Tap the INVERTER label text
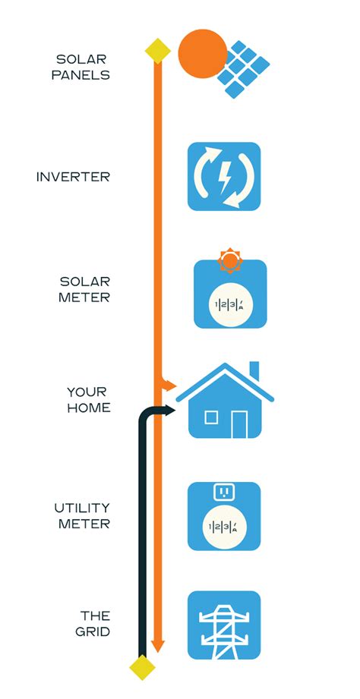pyautogui.click(x=73, y=177)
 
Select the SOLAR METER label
pyautogui.click(x=84, y=289)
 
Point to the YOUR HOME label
pyautogui.click(x=89, y=400)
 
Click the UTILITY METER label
pyautogui.click(x=82, y=515)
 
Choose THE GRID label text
pyautogui.click(x=96, y=623)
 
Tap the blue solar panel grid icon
pyautogui.click(x=244, y=69)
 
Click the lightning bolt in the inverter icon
pyautogui.click(x=225, y=176)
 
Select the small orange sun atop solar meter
pyautogui.click(x=229, y=261)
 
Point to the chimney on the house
pyautogui.click(x=254, y=370)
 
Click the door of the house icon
pyautogui.click(x=240, y=423)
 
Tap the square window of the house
pyautogui.click(x=211, y=417)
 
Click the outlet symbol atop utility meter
pyautogui.click(x=224, y=492)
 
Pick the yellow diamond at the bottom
pyautogui.click(x=142, y=668)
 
